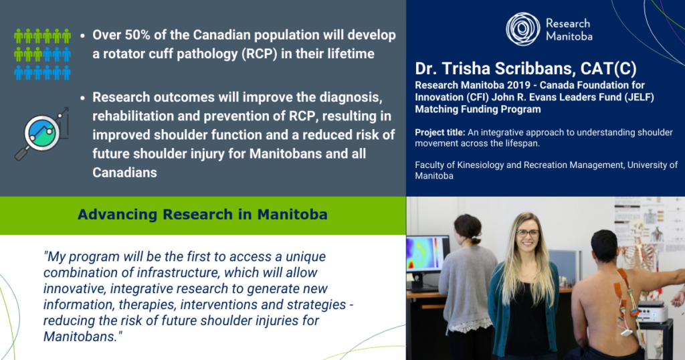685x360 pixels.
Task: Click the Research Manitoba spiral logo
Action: (523, 29)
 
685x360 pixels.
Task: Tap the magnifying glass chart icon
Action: (42, 133)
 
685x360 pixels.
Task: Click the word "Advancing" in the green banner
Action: (117, 215)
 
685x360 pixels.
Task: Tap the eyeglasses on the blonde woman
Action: (527, 234)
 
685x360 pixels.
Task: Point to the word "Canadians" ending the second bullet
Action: (124, 173)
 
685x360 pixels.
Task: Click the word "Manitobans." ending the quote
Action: (82, 337)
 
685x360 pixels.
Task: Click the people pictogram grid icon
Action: (42, 54)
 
